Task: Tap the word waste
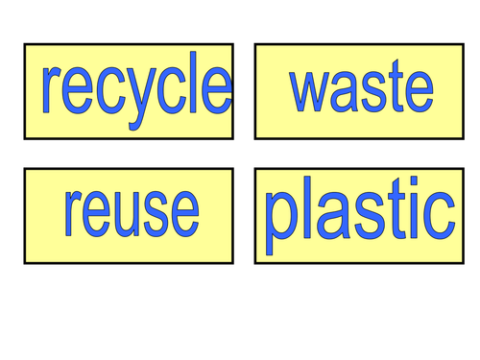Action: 361,89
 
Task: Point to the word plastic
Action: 359,215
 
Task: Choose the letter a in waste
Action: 344,91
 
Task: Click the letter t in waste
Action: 393,88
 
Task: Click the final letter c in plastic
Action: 439,220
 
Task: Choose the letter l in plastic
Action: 306,213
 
